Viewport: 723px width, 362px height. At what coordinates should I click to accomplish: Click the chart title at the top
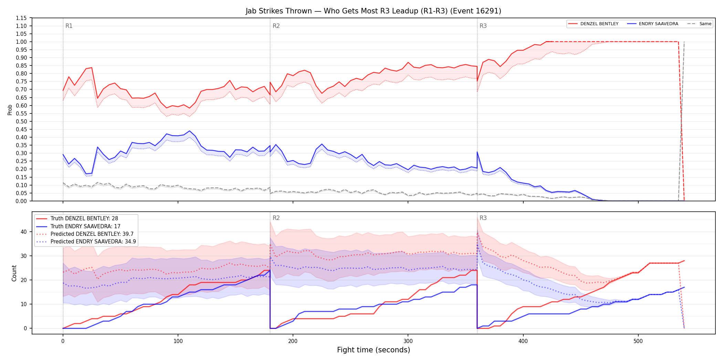[373, 11]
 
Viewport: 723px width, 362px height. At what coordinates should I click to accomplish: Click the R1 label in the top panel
[69, 26]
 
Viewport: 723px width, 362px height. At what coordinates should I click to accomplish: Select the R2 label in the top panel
[276, 26]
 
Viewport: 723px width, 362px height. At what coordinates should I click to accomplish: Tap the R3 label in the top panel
[483, 26]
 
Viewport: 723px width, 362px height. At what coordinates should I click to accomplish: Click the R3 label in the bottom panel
[483, 218]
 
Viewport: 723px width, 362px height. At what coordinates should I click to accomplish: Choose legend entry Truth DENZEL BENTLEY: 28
[84, 219]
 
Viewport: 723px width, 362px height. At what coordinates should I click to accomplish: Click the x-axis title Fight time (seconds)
[374, 350]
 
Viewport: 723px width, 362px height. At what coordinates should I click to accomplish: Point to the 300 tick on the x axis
[408, 341]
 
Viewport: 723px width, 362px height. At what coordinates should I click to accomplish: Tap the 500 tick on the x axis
[638, 341]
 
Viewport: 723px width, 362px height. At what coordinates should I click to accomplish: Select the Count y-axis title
[14, 273]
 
